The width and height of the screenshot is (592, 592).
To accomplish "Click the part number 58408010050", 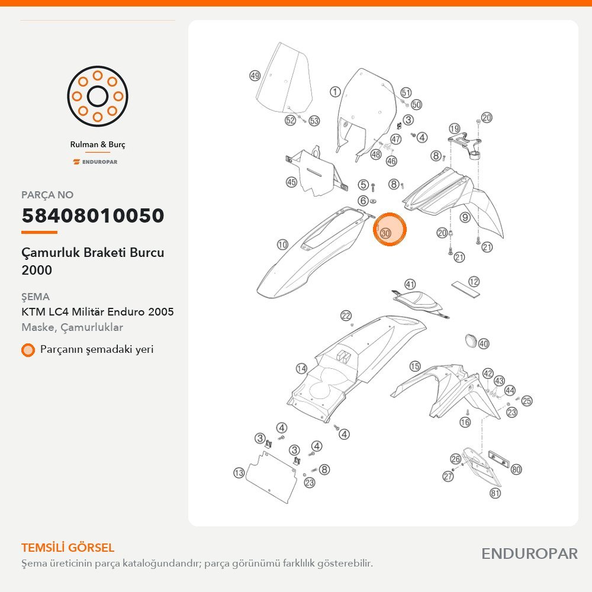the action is [93, 215].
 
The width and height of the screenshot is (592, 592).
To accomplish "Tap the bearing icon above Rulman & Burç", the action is [98, 96].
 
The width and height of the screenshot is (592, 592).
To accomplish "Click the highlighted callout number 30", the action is [385, 233].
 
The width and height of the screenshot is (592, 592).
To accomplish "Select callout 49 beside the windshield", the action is [255, 76].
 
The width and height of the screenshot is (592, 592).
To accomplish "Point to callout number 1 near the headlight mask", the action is [335, 91].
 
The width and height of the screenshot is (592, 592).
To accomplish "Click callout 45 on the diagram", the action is [291, 182].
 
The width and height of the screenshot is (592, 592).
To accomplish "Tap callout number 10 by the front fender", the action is [283, 244].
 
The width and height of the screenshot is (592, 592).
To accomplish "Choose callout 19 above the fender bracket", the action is [454, 128].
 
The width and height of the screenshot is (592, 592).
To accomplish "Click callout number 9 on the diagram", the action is [465, 217].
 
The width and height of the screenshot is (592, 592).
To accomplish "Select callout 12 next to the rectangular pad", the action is [474, 281].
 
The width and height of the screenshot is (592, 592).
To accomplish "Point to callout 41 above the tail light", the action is [410, 284].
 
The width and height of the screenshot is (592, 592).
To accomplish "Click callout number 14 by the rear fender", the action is [301, 368].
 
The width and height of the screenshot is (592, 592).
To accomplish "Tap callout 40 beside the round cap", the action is [484, 343].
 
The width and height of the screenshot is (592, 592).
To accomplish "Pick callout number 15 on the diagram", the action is [415, 366].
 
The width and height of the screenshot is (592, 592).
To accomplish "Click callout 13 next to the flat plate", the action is [239, 472].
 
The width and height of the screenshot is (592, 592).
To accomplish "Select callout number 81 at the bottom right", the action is [495, 493].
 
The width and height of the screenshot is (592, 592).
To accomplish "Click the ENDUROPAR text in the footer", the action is [529, 554].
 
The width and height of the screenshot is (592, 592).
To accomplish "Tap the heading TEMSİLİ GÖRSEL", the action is [67, 548].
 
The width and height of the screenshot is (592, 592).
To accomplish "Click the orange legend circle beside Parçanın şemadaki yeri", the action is [28, 350].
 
